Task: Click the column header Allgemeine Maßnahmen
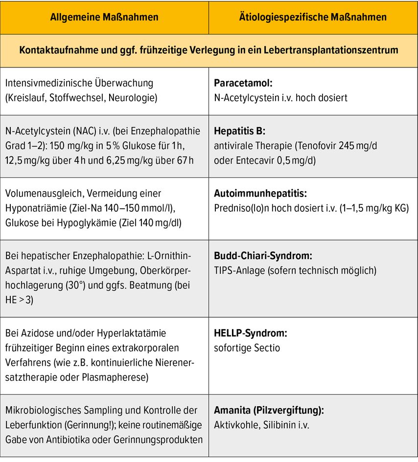pos(104,17)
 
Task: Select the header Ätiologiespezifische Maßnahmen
pos(313,17)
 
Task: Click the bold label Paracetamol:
pos(243,83)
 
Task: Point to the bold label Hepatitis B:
pos(240,132)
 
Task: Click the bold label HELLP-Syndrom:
pos(251,333)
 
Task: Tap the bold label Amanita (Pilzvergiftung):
pos(269,411)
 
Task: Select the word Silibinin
pos(276,425)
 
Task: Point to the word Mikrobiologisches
pos(41,411)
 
